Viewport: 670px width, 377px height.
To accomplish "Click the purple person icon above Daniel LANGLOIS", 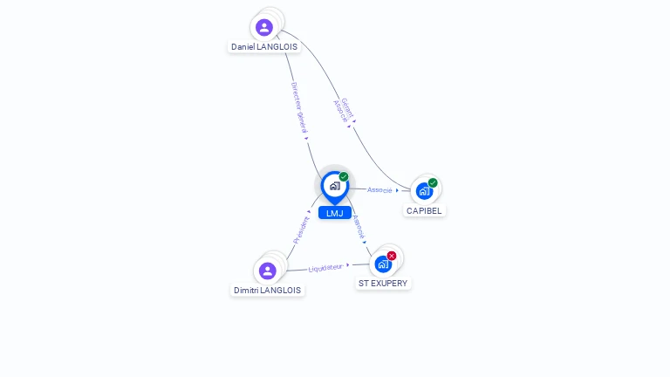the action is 264,27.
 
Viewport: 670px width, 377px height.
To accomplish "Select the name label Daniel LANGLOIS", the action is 264,46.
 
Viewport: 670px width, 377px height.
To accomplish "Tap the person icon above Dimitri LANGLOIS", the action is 268,271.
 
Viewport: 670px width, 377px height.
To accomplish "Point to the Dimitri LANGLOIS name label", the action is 267,290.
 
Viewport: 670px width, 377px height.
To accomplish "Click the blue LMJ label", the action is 335,213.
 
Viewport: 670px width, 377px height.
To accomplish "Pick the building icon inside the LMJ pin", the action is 334,186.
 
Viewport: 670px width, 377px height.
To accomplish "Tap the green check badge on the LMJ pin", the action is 344,177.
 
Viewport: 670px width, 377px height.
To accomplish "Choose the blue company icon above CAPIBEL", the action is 424,191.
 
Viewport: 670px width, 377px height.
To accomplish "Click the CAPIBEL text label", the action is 425,210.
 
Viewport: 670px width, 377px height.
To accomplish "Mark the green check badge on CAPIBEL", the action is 433,183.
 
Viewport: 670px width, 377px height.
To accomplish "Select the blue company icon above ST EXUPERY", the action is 382,264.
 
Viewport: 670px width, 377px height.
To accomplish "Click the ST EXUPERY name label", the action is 383,284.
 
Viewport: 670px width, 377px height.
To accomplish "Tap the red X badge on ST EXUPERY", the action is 392,256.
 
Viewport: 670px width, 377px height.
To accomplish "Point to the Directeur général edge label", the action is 299,107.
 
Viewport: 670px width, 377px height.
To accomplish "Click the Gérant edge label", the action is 346,107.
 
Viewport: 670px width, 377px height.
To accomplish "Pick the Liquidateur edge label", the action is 325,267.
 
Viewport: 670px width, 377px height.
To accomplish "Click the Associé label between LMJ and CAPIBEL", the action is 379,189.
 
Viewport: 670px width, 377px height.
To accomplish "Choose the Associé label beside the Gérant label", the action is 339,112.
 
